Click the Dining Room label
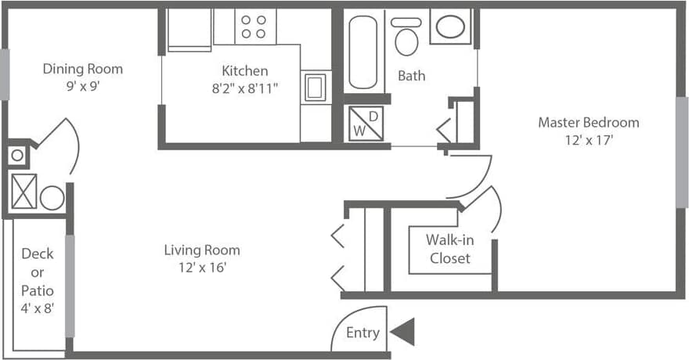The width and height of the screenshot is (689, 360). tap(82, 69)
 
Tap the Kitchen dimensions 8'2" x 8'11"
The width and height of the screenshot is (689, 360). tap(245, 88)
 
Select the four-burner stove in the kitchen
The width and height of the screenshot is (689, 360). tap(253, 27)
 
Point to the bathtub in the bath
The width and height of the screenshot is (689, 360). tap(363, 52)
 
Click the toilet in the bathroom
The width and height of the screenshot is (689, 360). tap(406, 38)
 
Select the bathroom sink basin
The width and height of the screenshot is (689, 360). tap(450, 27)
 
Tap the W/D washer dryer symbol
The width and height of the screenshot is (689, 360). tap(366, 124)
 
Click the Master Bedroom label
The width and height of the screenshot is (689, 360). tap(588, 122)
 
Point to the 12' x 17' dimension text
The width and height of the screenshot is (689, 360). tap(588, 141)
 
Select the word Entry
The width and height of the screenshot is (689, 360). tap(363, 333)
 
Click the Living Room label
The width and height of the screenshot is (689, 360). tap(202, 250)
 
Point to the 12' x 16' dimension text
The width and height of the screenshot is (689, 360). tap(202, 268)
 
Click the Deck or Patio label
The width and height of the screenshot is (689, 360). tap(37, 272)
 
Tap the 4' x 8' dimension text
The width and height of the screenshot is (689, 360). tap(37, 309)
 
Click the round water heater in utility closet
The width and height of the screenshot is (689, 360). tap(52, 197)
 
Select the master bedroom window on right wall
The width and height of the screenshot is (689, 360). tap(681, 152)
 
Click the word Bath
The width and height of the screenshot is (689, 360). tap(412, 76)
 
